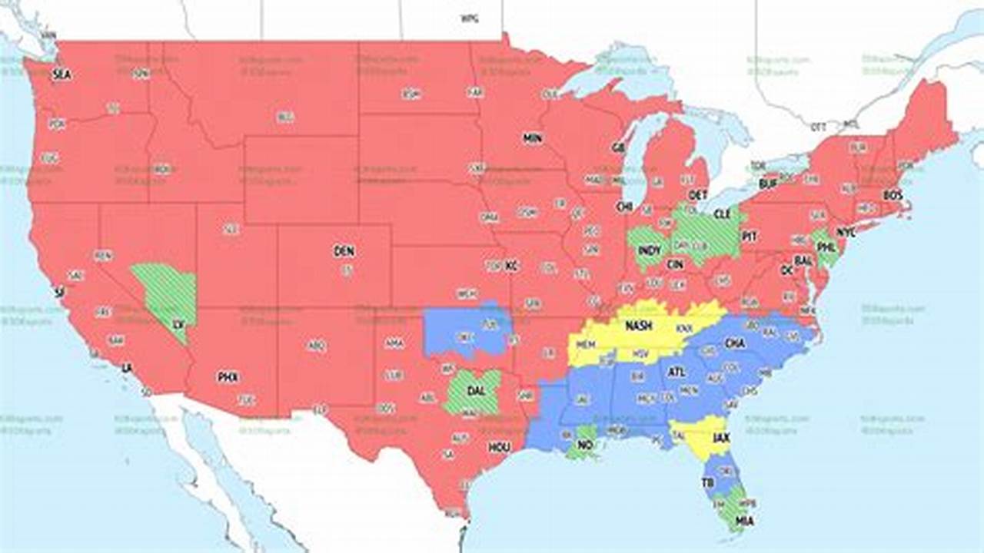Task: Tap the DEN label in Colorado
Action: point(344,251)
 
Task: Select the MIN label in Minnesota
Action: point(532,139)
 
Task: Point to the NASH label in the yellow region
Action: point(638,326)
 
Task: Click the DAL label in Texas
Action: point(476,391)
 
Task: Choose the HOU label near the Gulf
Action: point(498,447)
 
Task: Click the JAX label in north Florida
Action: point(721,439)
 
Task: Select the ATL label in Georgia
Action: point(676,373)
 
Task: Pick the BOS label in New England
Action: point(893,196)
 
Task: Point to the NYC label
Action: point(846,232)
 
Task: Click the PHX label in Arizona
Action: point(228,377)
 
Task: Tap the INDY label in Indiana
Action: point(650,250)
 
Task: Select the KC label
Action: point(512,267)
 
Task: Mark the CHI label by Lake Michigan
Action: point(623,207)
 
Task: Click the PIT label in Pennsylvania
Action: point(750,237)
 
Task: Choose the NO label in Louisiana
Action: point(585,445)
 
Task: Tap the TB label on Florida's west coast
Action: point(707,482)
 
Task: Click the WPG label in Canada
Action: point(468,18)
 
